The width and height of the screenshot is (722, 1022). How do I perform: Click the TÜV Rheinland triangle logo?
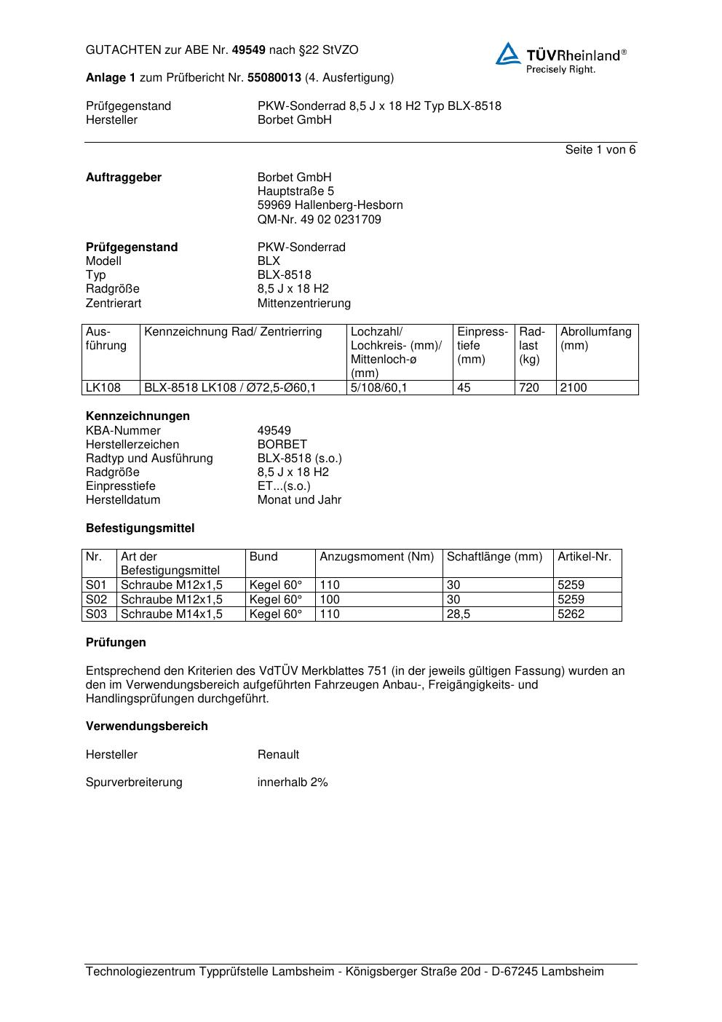(508, 54)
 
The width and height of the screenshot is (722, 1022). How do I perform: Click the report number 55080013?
(274, 78)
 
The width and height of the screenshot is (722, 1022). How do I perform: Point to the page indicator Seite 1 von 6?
(600, 150)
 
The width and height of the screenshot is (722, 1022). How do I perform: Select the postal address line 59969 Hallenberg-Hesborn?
(330, 205)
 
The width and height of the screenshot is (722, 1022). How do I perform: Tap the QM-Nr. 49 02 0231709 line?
(319, 219)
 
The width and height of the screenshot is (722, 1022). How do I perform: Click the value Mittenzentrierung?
(304, 303)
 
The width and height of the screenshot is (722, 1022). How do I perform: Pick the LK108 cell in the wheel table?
(103, 388)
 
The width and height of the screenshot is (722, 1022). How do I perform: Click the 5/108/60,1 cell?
(378, 388)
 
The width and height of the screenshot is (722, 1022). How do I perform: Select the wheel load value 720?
(529, 388)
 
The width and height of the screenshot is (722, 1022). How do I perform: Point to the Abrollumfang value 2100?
(573, 388)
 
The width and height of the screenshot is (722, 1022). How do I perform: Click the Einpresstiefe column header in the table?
(483, 345)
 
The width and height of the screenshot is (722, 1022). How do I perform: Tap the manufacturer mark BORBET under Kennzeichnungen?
(282, 444)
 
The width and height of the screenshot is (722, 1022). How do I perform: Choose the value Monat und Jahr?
(299, 500)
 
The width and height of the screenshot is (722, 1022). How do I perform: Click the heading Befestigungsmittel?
(140, 528)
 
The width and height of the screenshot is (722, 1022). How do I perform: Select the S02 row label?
(97, 600)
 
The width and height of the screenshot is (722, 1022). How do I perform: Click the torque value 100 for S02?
(330, 600)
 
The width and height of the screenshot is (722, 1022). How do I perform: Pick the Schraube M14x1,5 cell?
(172, 614)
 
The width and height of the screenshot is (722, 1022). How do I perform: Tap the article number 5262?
(571, 614)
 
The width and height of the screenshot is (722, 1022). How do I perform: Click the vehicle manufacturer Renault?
(278, 755)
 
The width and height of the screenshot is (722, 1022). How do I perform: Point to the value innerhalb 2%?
(293, 783)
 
